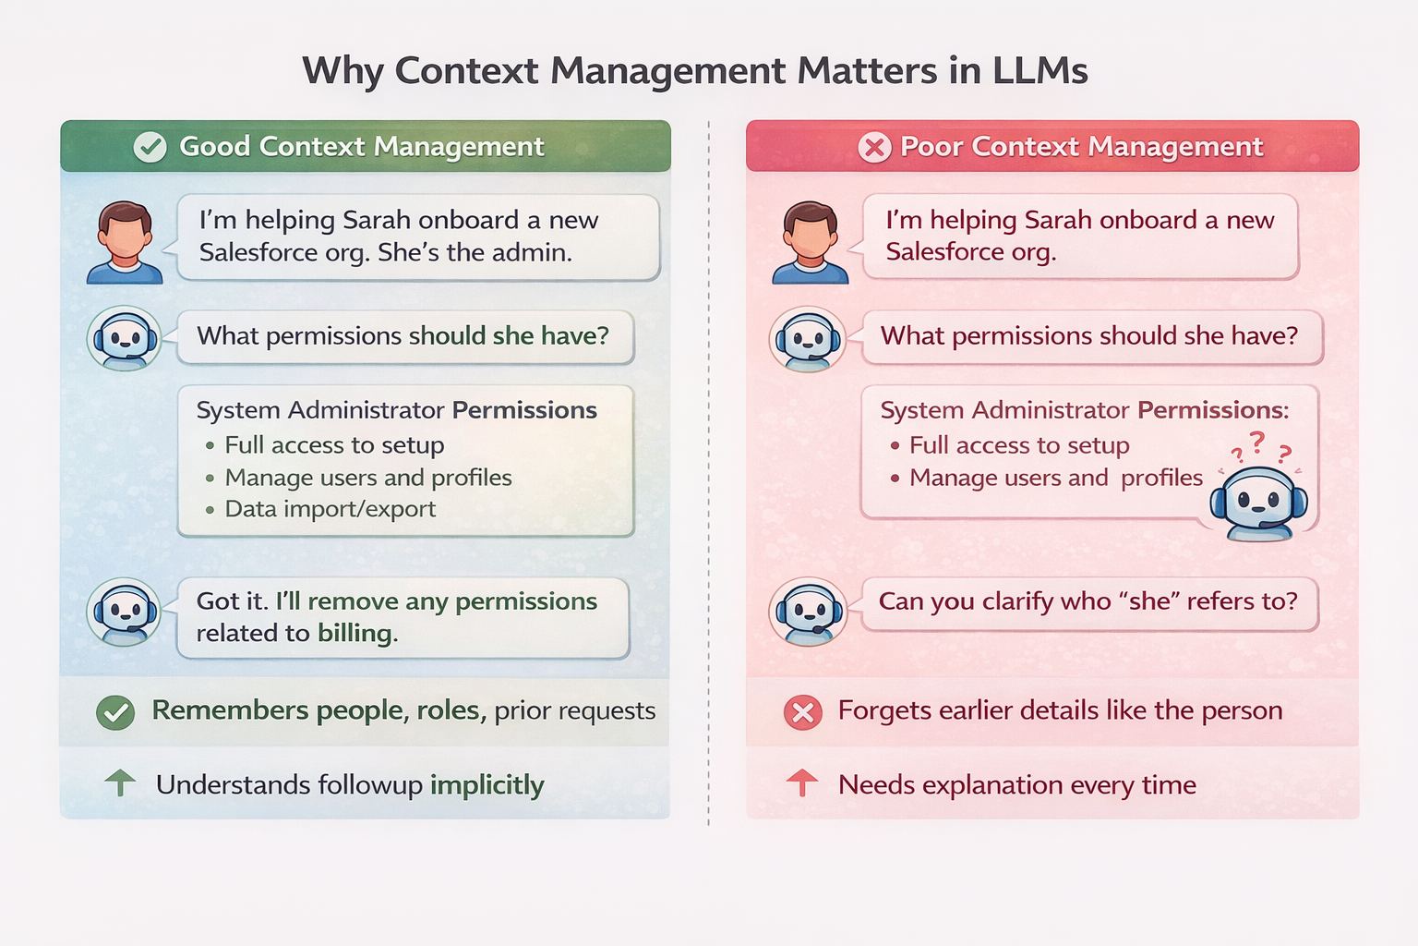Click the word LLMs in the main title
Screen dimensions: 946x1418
pos(1039,71)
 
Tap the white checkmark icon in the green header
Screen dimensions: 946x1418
pos(150,147)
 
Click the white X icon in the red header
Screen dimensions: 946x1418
pos(874,147)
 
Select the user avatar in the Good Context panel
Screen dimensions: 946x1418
pos(125,242)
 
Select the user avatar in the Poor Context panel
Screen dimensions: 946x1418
pos(810,242)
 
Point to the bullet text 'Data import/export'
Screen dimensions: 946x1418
pos(330,509)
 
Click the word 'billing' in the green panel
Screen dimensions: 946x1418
pos(355,633)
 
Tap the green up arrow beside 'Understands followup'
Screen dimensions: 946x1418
pos(120,783)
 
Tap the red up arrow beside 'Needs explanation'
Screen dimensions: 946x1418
pos(802,783)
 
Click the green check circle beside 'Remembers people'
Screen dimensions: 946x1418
pos(116,712)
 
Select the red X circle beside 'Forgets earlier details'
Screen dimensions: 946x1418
pos(803,712)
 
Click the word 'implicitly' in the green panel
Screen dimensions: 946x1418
pos(487,785)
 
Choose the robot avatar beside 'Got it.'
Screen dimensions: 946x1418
pos(125,612)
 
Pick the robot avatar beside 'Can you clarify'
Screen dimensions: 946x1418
pos(809,612)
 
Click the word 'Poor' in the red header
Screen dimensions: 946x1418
pos(931,147)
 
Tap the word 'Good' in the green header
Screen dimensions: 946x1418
pos(214,147)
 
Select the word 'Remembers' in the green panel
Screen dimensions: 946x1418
pos(217,710)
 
